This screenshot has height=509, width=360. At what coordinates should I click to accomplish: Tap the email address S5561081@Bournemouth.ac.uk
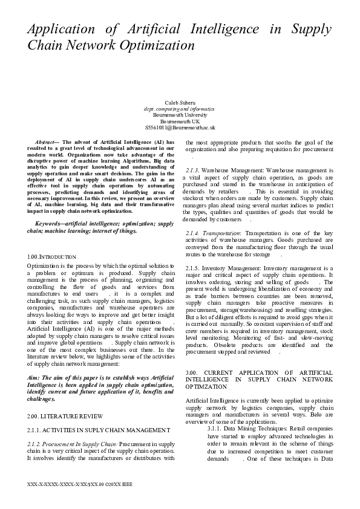[180, 128]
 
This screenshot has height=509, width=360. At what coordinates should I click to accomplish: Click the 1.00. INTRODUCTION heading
[52, 257]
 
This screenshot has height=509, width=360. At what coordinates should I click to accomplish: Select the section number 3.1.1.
[216, 428]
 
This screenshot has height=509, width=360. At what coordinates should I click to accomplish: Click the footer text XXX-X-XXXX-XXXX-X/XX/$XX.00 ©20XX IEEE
[80, 485]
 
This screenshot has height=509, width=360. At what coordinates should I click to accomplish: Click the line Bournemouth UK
[180, 122]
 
